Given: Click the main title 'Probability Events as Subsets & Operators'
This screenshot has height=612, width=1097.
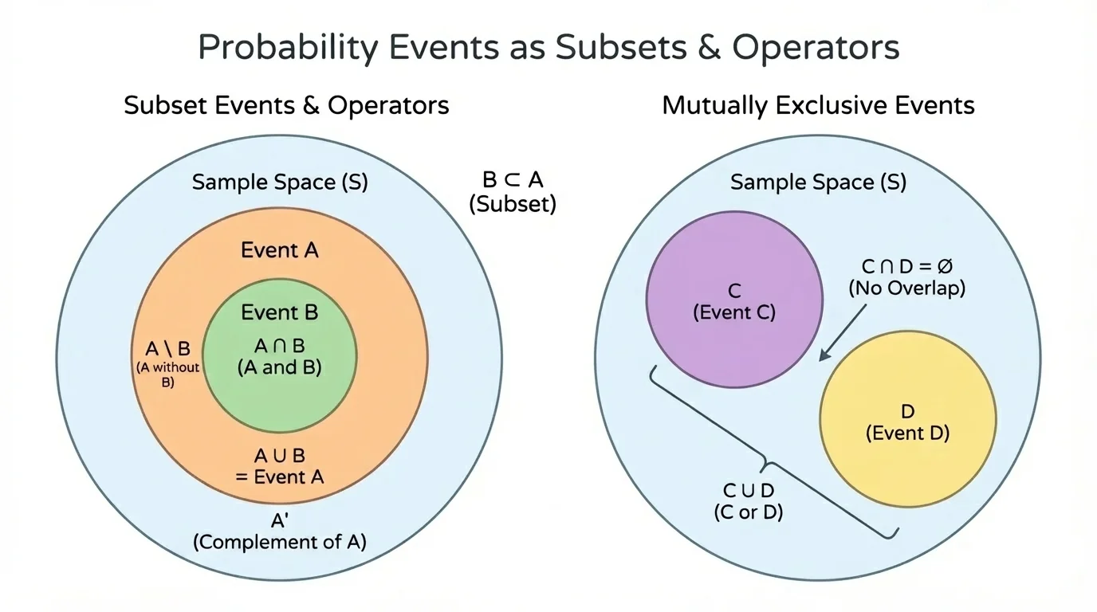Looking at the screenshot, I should point(548,48).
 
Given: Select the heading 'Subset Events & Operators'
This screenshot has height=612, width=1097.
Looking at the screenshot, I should point(286,105).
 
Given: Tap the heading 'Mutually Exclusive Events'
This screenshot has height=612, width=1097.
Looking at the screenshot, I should point(818,105).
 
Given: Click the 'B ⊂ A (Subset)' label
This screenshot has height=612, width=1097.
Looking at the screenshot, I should point(513,191).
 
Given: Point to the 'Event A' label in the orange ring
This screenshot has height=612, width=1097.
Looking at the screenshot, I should point(280,250).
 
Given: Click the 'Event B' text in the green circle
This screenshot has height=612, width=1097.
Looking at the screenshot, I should point(280,312).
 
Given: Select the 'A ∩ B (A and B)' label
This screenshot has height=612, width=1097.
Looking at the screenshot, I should point(280,357).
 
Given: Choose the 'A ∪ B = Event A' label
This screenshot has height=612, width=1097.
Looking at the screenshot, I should point(280,466).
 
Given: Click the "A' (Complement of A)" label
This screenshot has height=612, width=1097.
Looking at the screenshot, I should point(280,532).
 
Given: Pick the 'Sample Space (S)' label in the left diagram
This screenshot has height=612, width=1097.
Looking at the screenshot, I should point(280,182).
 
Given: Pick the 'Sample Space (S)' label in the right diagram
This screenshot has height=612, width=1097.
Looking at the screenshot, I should point(818,182).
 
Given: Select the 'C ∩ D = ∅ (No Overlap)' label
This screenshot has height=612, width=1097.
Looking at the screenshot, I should point(906,278).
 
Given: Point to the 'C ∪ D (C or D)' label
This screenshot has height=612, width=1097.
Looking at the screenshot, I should point(748,501).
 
